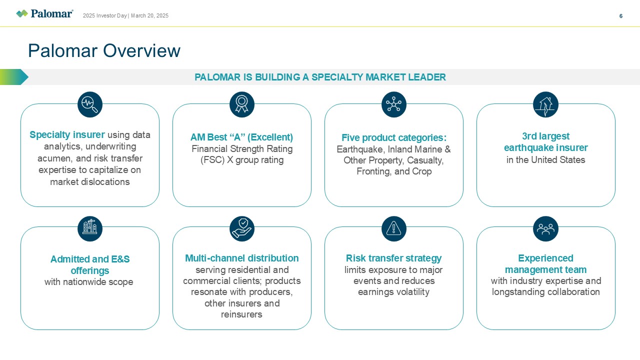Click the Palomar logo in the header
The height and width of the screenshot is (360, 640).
tap(44, 13)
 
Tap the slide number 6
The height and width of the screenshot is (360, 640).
tap(621, 16)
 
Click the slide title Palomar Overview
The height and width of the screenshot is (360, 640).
tap(104, 51)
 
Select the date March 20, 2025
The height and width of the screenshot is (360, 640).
tap(149, 16)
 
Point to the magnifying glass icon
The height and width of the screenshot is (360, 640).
tap(90, 104)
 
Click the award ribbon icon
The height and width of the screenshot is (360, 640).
tap(242, 104)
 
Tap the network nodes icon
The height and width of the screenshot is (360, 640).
tap(394, 104)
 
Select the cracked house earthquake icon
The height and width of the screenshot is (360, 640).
tap(545, 104)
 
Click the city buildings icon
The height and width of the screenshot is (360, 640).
tap(90, 228)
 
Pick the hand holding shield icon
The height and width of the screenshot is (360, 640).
tap(242, 228)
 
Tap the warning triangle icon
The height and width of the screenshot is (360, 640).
tap(394, 228)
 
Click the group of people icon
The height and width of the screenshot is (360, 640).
tap(545, 228)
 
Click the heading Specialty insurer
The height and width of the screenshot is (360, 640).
tap(67, 135)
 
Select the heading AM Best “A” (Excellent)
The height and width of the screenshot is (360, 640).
tap(242, 137)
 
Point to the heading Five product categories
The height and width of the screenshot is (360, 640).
tap(394, 138)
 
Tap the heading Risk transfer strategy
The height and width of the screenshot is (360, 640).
tap(394, 258)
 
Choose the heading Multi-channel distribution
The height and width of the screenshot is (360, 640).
tap(242, 258)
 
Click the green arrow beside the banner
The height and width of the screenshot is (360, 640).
tap(14, 77)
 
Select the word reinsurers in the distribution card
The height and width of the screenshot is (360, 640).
tap(242, 314)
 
